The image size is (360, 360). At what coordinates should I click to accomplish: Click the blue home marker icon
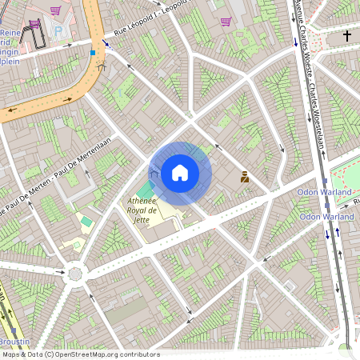180,172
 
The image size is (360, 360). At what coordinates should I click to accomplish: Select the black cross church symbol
347,36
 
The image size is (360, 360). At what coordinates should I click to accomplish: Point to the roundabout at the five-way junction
76,274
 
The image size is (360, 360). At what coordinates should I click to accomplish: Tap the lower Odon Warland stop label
326,216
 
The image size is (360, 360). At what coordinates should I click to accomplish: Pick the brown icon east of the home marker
244,178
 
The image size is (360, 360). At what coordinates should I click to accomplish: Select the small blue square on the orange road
93,53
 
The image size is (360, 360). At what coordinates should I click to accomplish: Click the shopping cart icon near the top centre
226,22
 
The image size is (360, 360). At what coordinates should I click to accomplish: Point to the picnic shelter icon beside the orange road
100,68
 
